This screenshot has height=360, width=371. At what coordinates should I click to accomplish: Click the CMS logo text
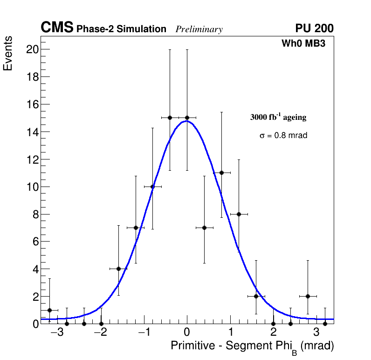tap(57, 28)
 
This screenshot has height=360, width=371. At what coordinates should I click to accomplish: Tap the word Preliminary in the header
tap(199, 29)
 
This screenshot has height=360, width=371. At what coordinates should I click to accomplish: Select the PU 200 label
tap(314, 28)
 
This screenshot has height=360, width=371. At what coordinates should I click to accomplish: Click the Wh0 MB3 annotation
tap(303, 44)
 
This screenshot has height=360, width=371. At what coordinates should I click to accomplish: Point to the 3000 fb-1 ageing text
tap(278, 117)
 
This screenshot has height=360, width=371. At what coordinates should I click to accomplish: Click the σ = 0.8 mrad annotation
tap(283, 136)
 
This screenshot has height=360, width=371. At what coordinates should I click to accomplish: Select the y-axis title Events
tap(8, 54)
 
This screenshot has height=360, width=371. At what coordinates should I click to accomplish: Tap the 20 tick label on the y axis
tap(32, 49)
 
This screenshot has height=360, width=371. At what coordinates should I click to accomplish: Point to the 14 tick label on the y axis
tap(32, 132)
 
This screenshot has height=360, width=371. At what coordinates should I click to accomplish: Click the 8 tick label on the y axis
tap(34, 215)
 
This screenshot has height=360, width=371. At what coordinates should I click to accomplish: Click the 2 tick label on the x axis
tap(274, 333)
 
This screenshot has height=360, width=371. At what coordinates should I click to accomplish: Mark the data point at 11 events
tap(221, 173)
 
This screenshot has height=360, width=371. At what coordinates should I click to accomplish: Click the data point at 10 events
tap(152, 187)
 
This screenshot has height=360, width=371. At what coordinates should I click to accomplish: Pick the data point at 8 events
tap(239, 214)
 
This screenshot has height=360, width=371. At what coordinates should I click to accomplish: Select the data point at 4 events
tap(118, 269)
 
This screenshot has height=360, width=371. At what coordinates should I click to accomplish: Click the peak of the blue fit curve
tap(186, 121)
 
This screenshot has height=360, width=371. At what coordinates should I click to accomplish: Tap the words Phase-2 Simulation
tap(121, 29)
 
